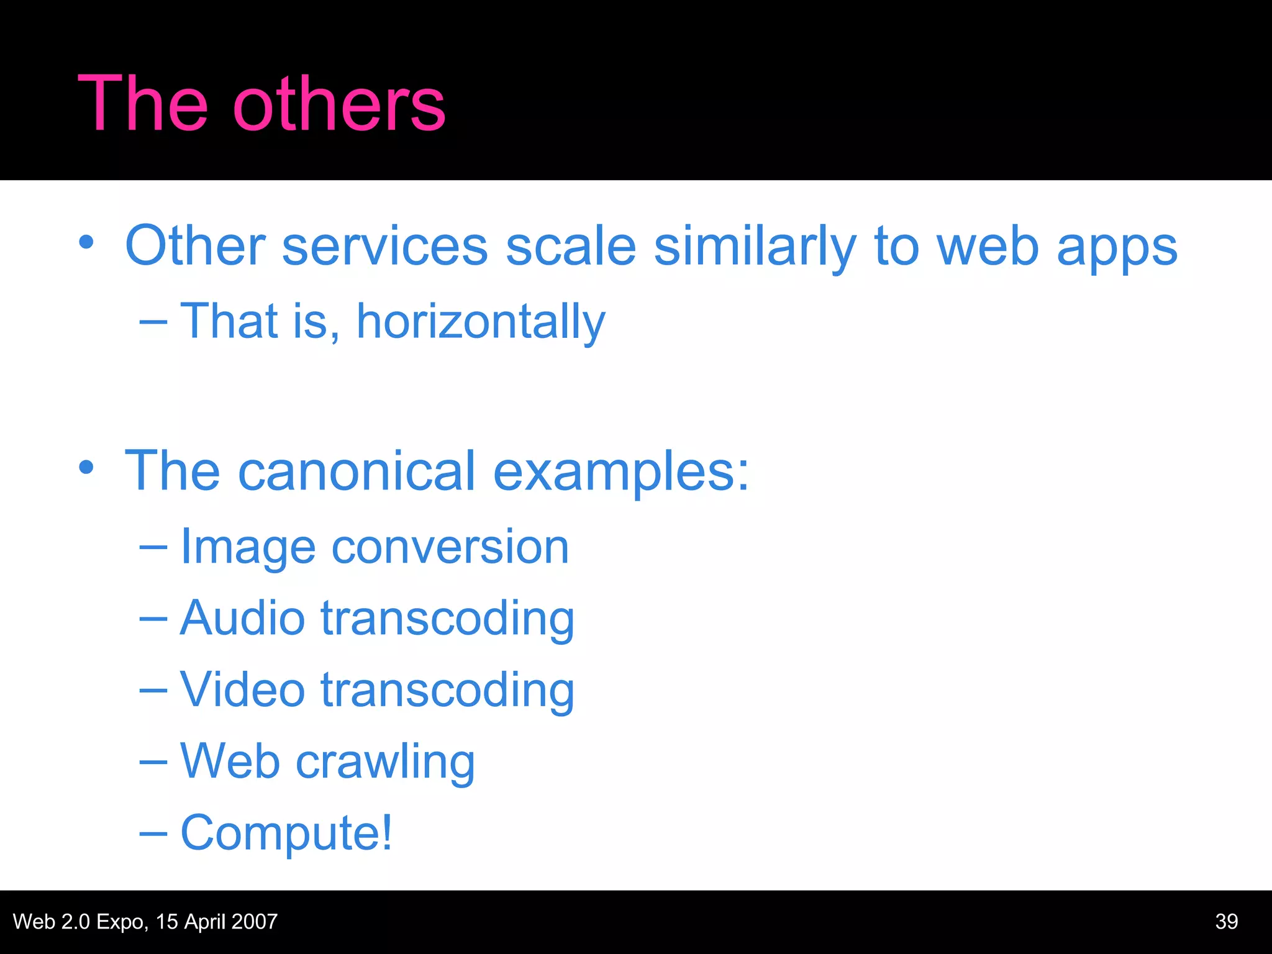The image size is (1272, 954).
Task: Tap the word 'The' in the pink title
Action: (142, 104)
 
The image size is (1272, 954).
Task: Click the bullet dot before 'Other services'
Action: (86, 242)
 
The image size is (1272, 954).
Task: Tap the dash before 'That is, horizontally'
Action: (153, 322)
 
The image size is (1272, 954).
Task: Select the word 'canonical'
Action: (357, 472)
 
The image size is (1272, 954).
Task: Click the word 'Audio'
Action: (242, 619)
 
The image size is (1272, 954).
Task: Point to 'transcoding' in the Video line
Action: (447, 691)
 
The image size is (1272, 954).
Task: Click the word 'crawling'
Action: (385, 763)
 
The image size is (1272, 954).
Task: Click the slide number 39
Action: (1226, 922)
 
